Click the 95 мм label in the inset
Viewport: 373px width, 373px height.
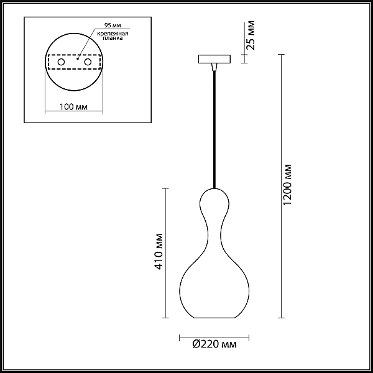pos(113,25)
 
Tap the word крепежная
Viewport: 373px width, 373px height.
pos(113,34)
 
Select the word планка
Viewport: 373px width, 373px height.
pos(113,38)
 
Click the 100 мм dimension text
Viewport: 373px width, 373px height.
pos(73,107)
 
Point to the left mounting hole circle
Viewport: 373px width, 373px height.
pos(61,62)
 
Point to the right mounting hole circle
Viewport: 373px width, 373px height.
pos(88,62)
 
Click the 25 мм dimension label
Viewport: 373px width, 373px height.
pos(251,35)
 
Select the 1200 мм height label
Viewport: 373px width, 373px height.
pos(287,185)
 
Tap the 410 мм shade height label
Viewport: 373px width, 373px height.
pos(159,252)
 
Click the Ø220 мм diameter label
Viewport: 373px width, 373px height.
pos(214,344)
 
